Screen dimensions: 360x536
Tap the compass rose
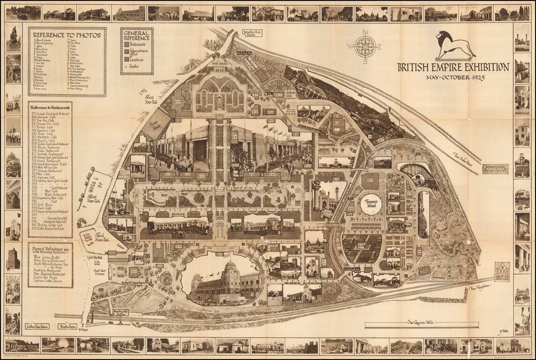(x=365, y=46)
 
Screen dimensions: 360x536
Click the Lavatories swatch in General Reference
(x=127, y=60)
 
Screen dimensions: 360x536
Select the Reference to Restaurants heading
(x=50, y=106)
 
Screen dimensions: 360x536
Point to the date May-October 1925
(x=455, y=77)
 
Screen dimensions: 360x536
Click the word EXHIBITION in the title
(x=483, y=67)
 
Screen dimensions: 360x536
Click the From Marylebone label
(x=479, y=286)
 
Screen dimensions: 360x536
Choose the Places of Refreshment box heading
(x=50, y=250)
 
